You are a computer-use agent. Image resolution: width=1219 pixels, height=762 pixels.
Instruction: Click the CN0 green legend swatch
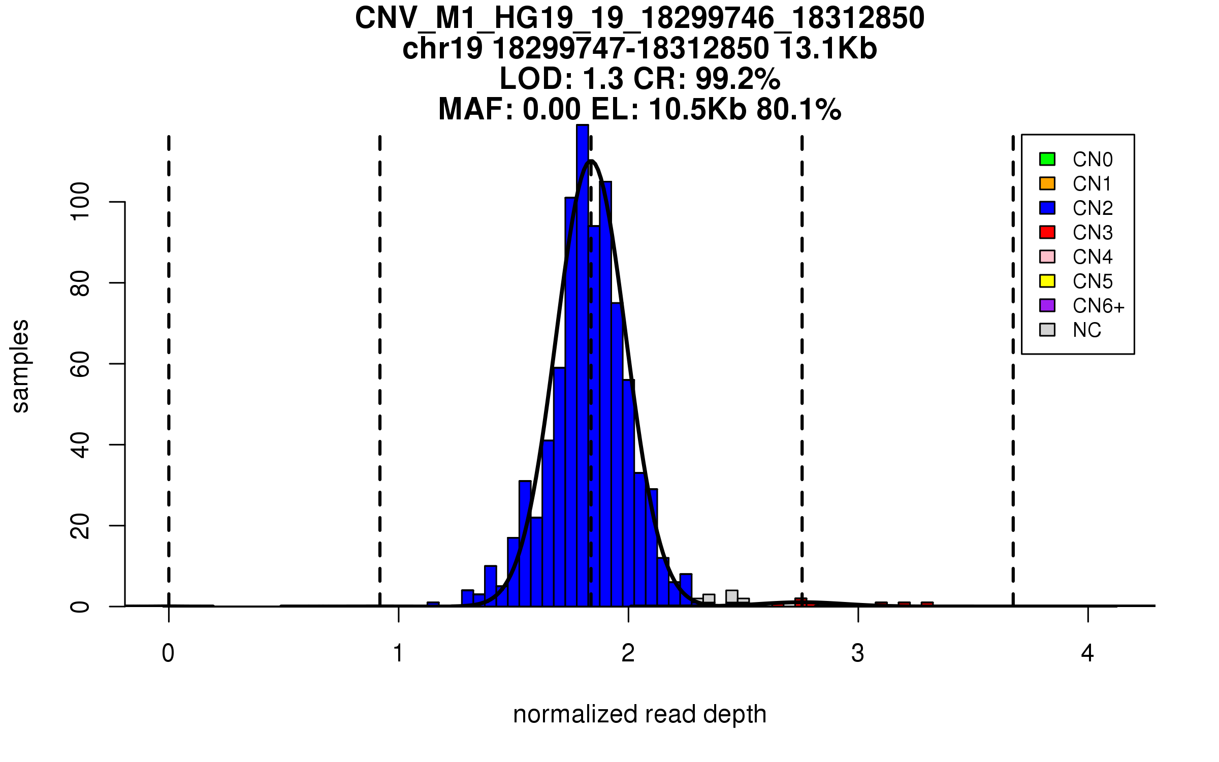[1047, 159]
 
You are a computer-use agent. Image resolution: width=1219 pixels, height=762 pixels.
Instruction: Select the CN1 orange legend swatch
[1047, 183]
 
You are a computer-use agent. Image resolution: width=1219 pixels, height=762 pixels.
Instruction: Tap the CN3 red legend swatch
[1047, 232]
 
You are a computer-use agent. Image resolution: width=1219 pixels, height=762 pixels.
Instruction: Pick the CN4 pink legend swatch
[1047, 257]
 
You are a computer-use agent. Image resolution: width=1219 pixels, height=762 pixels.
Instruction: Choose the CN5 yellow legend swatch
[1047, 281]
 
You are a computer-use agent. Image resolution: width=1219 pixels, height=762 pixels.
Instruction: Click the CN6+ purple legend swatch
[1047, 305]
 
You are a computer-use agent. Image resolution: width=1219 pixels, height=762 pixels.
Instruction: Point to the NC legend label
[1086, 330]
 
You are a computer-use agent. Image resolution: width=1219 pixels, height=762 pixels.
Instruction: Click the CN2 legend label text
[1093, 208]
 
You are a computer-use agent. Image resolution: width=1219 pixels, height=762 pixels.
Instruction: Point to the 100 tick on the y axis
[80, 202]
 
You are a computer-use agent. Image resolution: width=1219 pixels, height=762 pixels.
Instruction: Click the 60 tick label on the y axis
[80, 364]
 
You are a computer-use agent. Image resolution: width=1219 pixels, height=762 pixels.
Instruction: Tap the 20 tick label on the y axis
[80, 526]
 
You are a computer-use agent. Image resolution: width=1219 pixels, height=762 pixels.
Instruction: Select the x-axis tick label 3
[858, 653]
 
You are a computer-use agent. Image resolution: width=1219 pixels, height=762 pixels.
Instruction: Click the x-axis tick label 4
[1087, 653]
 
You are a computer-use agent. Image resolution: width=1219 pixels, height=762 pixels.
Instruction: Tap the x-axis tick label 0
[168, 653]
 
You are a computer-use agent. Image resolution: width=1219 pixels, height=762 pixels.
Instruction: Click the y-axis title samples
[20, 366]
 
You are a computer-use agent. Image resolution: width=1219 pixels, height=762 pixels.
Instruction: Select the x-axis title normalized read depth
[639, 714]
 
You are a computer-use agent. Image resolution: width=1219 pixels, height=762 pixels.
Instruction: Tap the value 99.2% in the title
[737, 79]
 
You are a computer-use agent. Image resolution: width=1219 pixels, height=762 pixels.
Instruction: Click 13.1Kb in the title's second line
[828, 49]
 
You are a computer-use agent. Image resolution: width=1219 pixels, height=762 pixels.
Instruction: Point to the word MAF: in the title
[476, 109]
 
